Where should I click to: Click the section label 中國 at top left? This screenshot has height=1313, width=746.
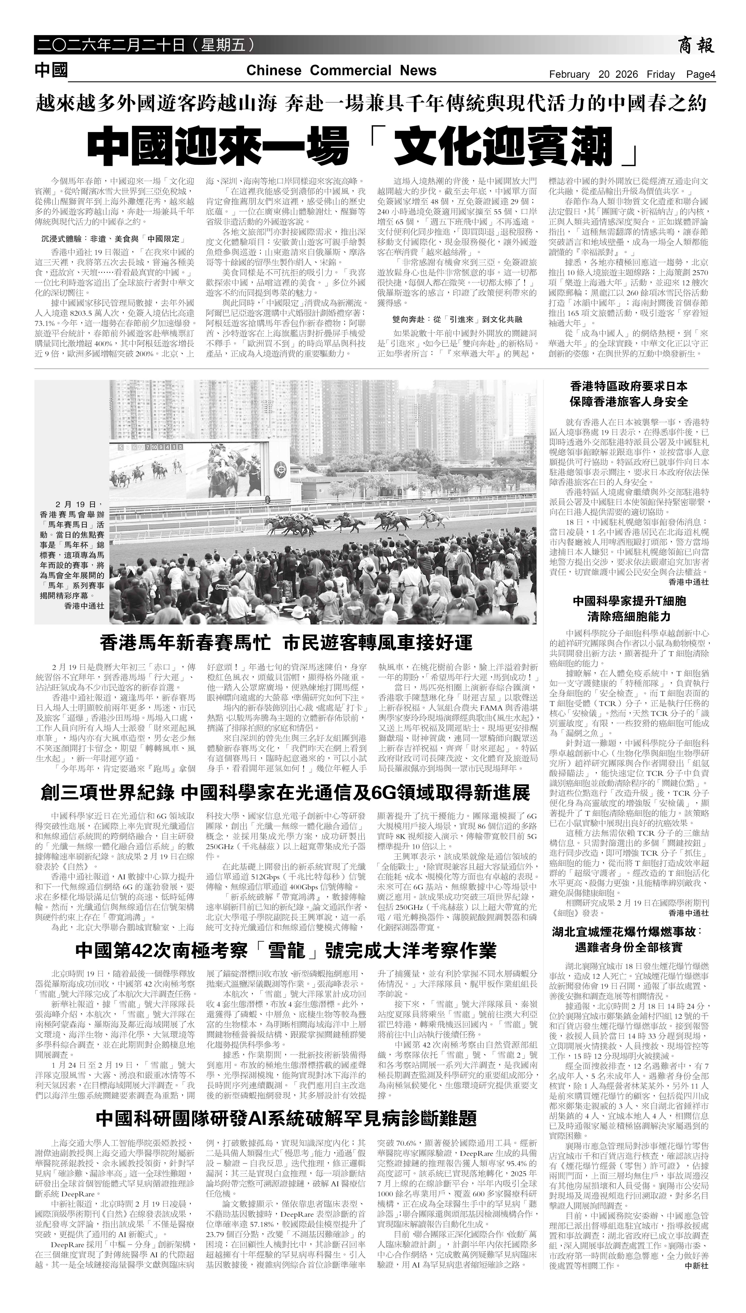(x=51, y=70)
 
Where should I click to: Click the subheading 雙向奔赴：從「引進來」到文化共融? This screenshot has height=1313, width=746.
(x=457, y=319)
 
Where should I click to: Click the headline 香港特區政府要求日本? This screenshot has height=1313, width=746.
(x=629, y=386)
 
